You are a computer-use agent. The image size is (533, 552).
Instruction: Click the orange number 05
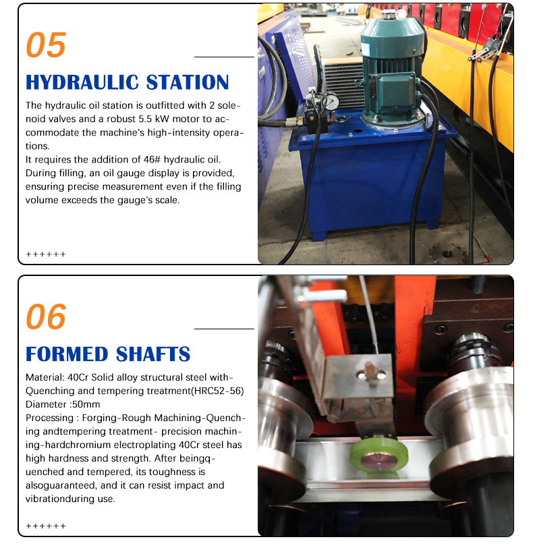coord(46,45)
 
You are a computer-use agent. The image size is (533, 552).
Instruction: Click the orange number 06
coord(46,317)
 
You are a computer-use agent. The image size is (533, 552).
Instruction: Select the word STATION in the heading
coord(188,82)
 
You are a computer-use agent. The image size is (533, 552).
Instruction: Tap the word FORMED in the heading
coord(67,354)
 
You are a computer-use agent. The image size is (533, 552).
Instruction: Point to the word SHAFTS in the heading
coord(153,354)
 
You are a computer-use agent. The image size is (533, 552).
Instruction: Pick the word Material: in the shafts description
coord(45,377)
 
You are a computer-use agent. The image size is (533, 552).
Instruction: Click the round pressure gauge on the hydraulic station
coord(331,101)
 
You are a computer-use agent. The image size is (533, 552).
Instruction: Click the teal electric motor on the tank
coord(391,70)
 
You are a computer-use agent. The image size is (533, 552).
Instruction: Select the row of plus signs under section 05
coord(46,254)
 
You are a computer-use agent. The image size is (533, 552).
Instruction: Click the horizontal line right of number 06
coord(224,329)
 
